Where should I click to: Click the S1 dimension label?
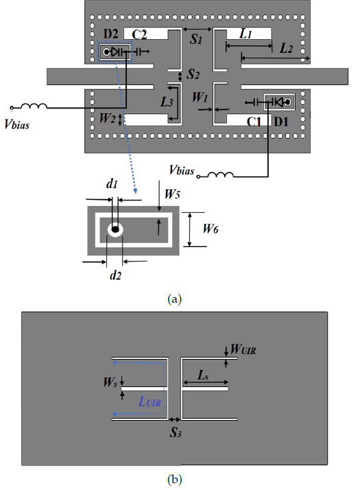tap(196, 38)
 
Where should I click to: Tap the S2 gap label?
tap(193, 74)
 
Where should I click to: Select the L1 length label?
tap(245, 34)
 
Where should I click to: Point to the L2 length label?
tap(286, 48)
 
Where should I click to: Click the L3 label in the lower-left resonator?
tap(167, 102)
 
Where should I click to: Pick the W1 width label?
tap(200, 97)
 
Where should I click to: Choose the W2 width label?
tap(107, 119)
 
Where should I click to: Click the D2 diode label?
tap(110, 34)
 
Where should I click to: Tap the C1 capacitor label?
tap(254, 121)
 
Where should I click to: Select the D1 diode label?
tap(281, 121)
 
